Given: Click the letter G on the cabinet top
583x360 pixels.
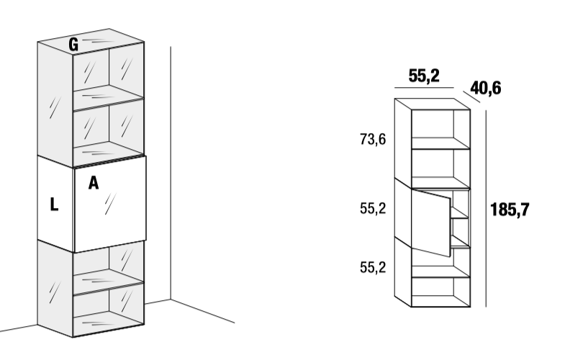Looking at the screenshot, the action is click(x=73, y=45).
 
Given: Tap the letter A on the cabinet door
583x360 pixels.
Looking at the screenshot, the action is click(x=94, y=183).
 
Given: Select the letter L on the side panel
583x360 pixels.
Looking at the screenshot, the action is click(x=54, y=204).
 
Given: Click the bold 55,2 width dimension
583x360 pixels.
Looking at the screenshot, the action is click(x=424, y=76).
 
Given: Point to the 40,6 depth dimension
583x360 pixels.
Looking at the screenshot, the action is click(x=486, y=88).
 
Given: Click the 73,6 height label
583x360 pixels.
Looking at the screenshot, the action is click(x=373, y=140).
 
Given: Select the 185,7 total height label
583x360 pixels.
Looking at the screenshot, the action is click(x=510, y=210).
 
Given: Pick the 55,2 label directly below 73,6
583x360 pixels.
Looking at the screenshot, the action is click(x=373, y=208).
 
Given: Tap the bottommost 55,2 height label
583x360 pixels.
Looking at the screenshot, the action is click(x=373, y=267).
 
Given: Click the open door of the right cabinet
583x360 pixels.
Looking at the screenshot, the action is click(x=431, y=222).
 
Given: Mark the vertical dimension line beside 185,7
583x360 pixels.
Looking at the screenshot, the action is click(x=486, y=209).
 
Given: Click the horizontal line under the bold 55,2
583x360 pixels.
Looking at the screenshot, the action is click(x=424, y=88).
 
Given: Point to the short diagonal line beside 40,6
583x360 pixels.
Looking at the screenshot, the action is click(x=472, y=96).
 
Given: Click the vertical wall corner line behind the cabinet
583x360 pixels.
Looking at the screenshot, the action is click(x=171, y=173).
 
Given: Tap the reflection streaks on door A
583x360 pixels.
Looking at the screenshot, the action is click(x=110, y=204).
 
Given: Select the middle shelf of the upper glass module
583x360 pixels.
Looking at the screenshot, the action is click(x=108, y=97).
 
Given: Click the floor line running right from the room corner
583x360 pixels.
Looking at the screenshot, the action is click(x=203, y=311).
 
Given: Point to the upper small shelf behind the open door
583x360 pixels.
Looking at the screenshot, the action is click(x=460, y=213).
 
